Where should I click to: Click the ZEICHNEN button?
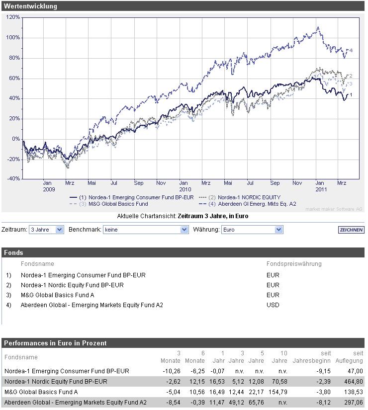[351, 230]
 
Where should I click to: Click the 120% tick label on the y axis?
[13, 17]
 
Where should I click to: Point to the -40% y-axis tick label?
[13, 179]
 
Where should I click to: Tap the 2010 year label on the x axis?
[185, 189]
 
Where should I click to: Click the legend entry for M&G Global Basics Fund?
[118, 204]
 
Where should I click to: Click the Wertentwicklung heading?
[30, 6]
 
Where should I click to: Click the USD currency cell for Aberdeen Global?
[273, 305]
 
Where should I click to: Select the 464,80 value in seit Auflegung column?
[353, 382]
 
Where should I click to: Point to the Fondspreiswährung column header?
[294, 264]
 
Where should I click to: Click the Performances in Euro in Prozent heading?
[55, 343]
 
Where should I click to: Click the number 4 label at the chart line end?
[351, 51]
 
